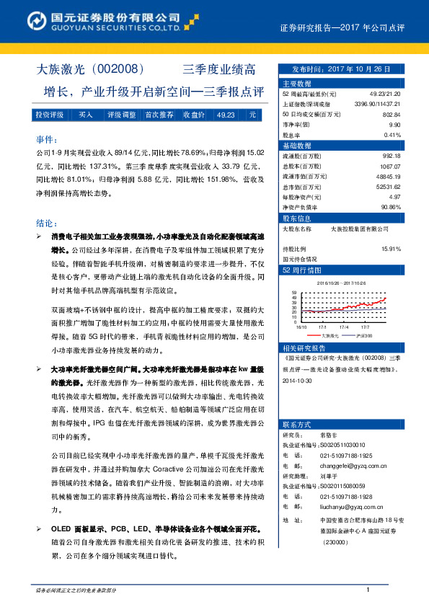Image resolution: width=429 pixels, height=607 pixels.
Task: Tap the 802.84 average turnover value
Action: pos(391,115)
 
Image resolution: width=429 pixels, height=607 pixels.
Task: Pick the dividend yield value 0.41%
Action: pos(392,135)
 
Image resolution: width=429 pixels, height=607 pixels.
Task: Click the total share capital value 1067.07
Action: pos(390,166)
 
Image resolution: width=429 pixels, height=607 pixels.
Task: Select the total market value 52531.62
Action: pos(387,186)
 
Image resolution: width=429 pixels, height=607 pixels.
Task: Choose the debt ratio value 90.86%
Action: pos(390,206)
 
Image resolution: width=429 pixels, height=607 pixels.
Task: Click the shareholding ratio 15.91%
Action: pos(391,248)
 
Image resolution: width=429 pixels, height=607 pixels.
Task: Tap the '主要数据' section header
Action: pos(296,84)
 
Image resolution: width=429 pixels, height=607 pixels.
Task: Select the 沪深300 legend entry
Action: pos(366,335)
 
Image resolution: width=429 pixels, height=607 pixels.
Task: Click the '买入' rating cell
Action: pos(85,115)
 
